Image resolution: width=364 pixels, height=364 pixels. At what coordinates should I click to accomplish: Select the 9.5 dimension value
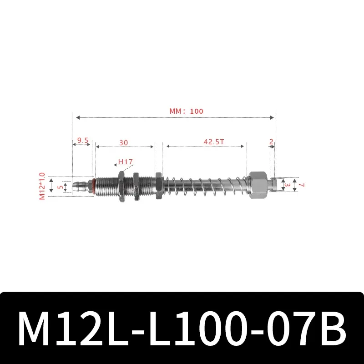(82, 141)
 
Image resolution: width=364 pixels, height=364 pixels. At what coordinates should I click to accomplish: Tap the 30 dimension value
(124, 142)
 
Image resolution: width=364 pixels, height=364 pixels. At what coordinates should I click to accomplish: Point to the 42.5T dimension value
(213, 142)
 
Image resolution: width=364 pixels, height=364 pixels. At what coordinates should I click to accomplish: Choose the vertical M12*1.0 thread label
(42, 186)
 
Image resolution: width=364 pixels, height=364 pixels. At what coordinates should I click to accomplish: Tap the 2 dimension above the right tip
(271, 142)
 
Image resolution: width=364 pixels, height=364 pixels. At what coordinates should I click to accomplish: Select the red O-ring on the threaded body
(94, 186)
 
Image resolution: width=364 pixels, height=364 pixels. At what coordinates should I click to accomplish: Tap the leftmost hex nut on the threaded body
(121, 186)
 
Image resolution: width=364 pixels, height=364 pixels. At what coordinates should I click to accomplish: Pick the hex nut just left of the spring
(158, 186)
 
